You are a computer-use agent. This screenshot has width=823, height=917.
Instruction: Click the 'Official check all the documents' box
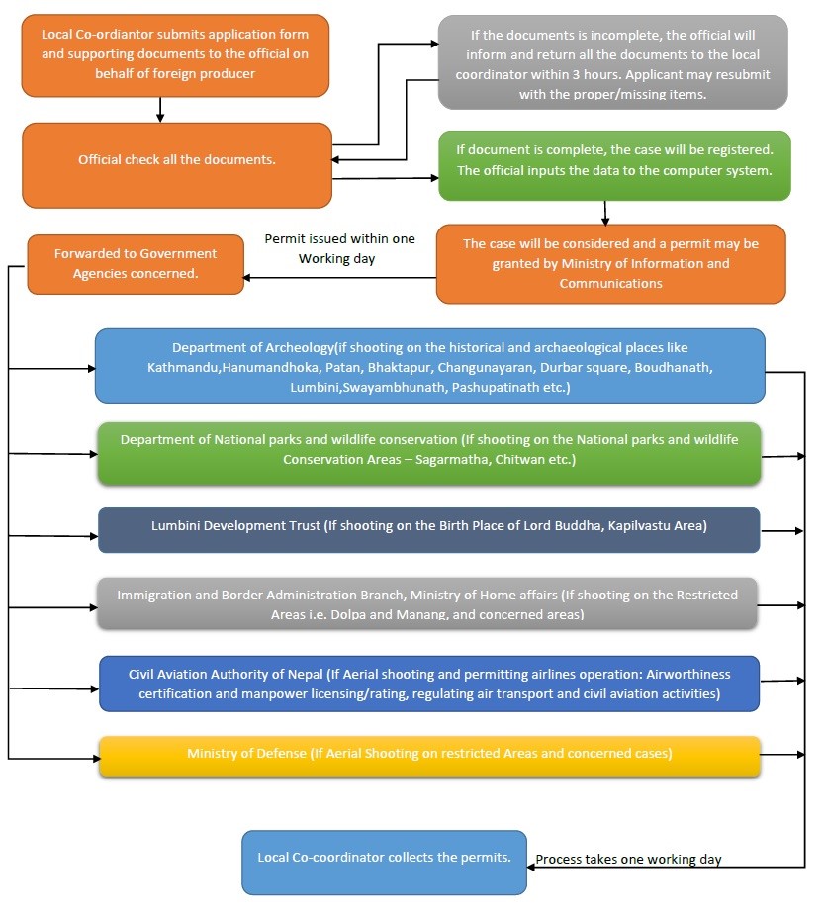click(x=177, y=165)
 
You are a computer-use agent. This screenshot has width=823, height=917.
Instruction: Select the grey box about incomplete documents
click(x=612, y=62)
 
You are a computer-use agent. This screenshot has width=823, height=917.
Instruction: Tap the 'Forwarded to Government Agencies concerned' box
click(x=136, y=264)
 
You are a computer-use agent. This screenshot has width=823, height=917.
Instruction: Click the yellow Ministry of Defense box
click(x=429, y=756)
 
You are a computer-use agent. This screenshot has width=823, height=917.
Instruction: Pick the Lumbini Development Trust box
click(x=428, y=530)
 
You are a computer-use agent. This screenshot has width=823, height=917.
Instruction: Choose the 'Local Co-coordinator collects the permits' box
click(x=385, y=862)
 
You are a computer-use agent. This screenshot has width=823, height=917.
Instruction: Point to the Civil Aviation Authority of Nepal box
click(x=429, y=684)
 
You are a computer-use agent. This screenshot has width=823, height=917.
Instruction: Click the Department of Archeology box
click(x=430, y=366)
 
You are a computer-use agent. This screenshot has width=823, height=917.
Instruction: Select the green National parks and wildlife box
click(x=429, y=454)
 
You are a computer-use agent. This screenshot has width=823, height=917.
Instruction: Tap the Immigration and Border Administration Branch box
click(x=427, y=603)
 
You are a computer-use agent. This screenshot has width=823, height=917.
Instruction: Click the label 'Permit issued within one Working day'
click(x=339, y=248)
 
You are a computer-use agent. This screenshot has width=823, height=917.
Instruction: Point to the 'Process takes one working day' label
click(x=628, y=859)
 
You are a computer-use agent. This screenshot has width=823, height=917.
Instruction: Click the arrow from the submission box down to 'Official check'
click(x=160, y=110)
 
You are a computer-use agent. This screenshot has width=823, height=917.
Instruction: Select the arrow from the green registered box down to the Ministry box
click(x=605, y=213)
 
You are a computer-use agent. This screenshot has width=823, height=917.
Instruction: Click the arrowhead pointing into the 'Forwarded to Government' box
click(x=247, y=278)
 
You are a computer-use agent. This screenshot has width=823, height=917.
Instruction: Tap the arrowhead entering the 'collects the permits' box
click(x=530, y=867)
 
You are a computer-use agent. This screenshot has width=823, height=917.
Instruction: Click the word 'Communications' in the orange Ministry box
click(x=610, y=284)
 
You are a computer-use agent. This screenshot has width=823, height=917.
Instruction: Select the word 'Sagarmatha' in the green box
click(x=452, y=460)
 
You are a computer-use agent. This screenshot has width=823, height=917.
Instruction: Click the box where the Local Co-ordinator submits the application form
click(x=175, y=55)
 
